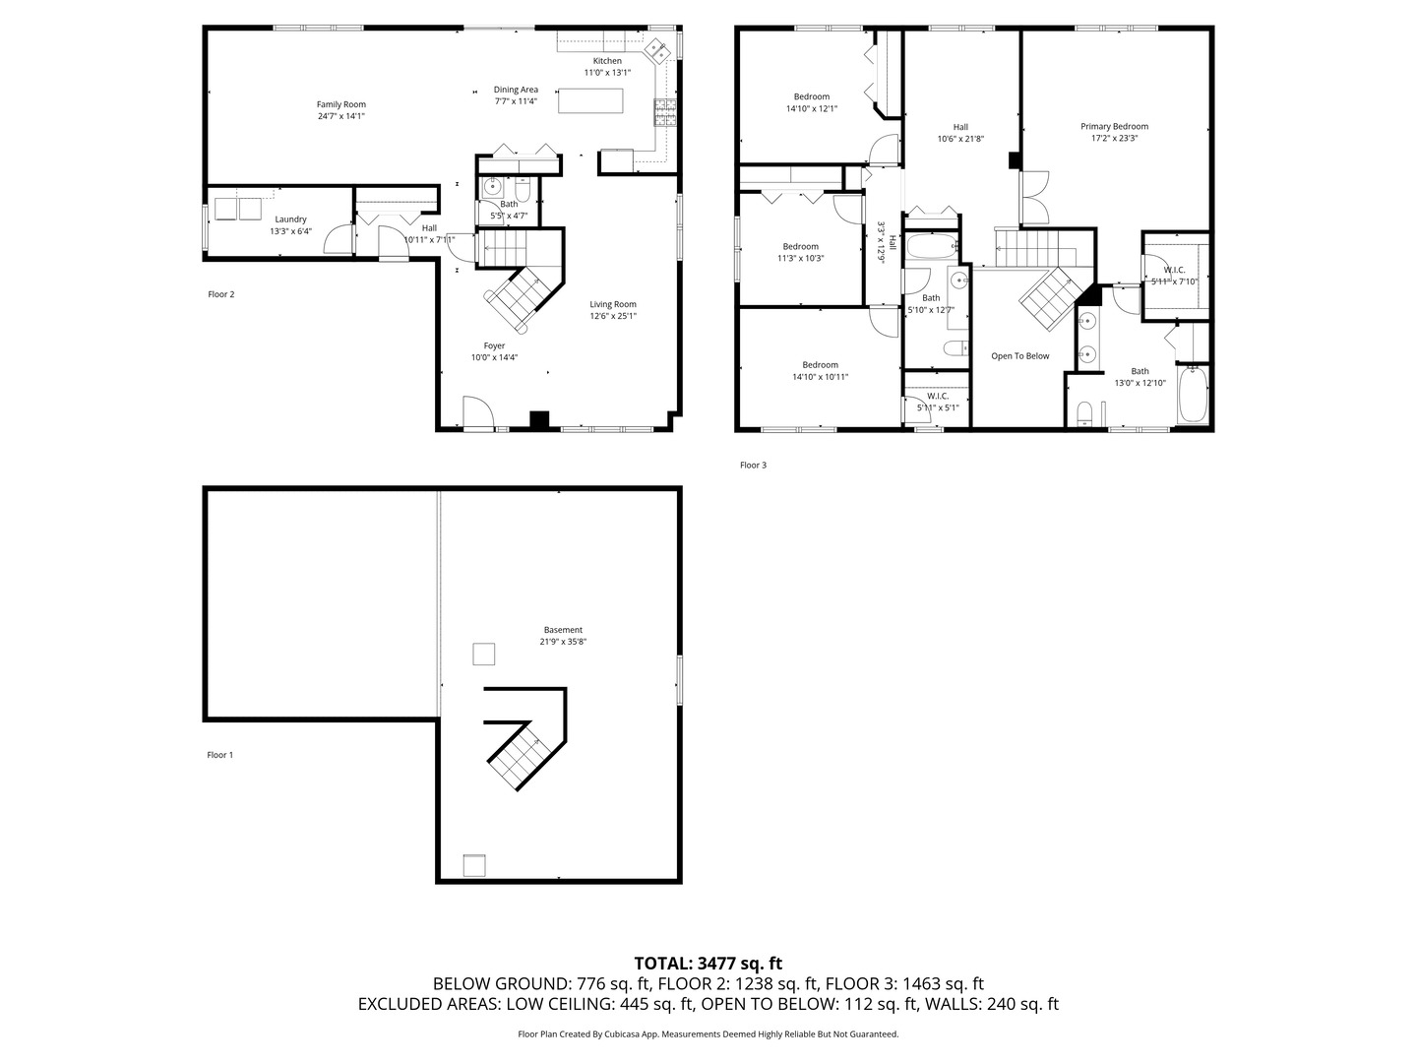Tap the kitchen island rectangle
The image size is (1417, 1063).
590,101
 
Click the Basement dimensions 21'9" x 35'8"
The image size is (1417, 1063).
563,642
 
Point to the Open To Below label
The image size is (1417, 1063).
1019,356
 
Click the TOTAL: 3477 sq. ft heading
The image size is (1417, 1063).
708,964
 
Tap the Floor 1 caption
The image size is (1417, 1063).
219,755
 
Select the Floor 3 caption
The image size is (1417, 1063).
753,465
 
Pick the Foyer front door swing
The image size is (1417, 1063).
476,412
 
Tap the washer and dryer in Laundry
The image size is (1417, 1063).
235,208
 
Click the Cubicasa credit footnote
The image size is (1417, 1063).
708,1034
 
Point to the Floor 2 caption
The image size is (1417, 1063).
220,294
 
